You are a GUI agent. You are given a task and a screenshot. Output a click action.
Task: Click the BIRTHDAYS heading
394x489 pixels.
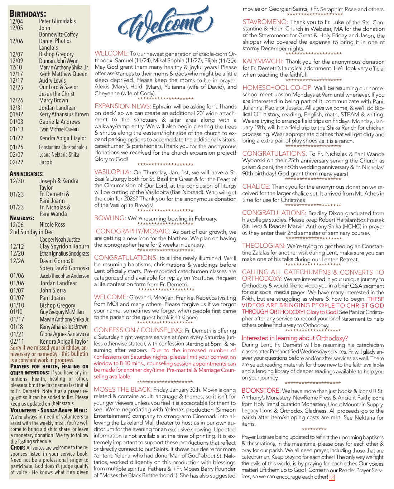pyautogui.click(x=28, y=14)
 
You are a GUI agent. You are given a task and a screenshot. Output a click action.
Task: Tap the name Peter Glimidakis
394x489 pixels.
pyautogui.click(x=57, y=21)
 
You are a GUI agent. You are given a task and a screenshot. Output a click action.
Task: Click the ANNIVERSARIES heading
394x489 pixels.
pyautogui.click(x=27, y=174)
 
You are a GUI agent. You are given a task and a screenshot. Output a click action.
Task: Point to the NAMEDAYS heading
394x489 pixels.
pyautogui.click(x=22, y=218)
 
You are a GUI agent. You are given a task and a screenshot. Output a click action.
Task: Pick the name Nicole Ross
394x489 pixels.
pyautogui.click(x=52, y=224)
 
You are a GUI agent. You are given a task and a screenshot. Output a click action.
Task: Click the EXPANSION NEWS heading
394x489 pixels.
pyautogui.click(x=123, y=106)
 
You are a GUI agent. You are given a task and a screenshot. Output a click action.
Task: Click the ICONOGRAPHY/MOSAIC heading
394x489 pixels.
pyautogui.click(x=132, y=231)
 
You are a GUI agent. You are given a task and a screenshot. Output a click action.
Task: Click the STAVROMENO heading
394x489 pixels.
pyautogui.click(x=265, y=22)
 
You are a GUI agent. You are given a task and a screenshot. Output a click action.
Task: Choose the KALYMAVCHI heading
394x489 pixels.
pyautogui.click(x=263, y=62)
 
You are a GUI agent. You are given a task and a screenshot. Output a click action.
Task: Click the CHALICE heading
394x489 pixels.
pyautogui.click(x=256, y=187)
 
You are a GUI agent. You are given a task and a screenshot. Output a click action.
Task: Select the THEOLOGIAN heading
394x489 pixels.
pyautogui.click(x=264, y=246)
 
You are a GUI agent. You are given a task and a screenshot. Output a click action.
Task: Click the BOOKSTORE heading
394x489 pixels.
pyautogui.click(x=261, y=391)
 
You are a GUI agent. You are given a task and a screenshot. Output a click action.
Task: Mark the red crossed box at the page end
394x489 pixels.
pyautogui.click(x=332, y=477)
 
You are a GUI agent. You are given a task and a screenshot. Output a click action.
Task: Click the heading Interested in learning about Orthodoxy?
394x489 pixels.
pyautogui.click(x=295, y=338)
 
